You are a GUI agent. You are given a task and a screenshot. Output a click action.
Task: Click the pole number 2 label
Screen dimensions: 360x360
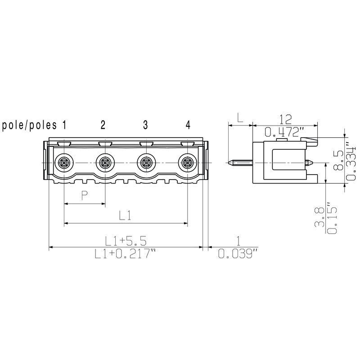tap(103, 125)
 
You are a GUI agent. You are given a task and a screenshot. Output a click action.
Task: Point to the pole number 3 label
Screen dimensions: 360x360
tap(145, 125)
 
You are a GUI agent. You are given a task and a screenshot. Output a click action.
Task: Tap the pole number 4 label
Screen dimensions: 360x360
tap(188, 125)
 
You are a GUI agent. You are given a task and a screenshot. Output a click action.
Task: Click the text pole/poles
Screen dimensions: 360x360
tap(31, 125)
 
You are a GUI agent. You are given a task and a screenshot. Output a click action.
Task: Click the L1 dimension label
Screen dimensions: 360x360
tap(125, 216)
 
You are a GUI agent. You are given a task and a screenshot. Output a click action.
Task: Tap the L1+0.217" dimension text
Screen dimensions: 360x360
tap(126, 254)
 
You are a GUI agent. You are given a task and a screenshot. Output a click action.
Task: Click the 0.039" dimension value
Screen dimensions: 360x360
tap(238, 254)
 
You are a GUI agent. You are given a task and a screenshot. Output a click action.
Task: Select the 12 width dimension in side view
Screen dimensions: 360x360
tap(285, 119)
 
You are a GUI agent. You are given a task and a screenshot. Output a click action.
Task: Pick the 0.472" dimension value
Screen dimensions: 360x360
tap(284, 132)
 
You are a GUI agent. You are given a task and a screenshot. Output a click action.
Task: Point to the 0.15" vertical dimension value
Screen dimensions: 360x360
tap(333, 218)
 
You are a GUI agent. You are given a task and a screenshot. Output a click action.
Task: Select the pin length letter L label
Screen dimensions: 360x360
tap(240, 119)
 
